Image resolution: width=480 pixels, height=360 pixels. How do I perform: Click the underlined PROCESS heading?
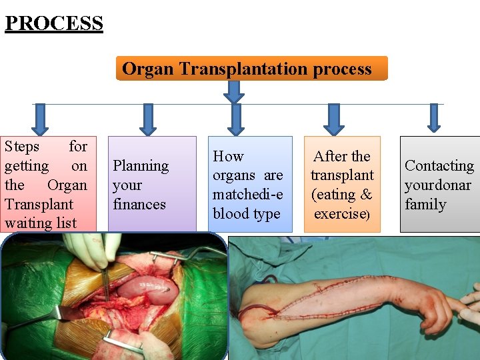pyautogui.click(x=54, y=23)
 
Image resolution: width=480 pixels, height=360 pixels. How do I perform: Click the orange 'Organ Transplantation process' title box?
pyautogui.click(x=251, y=69)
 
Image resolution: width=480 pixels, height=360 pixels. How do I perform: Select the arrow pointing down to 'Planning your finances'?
pyautogui.click(x=147, y=118)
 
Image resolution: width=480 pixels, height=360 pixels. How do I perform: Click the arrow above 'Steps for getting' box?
pyautogui.click(x=41, y=118)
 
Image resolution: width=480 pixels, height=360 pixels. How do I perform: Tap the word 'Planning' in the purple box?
pyautogui.click(x=141, y=165)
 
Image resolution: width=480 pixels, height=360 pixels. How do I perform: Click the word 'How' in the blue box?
pyautogui.click(x=228, y=156)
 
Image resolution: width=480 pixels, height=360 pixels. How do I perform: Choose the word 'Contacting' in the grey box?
pyautogui.click(x=439, y=165)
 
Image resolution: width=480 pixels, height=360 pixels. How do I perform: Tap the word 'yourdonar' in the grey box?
pyautogui.click(x=438, y=185)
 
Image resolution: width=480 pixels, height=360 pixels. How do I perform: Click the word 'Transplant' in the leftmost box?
pyautogui.click(x=38, y=204)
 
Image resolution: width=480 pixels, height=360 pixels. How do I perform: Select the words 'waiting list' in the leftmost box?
pyautogui.click(x=41, y=223)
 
